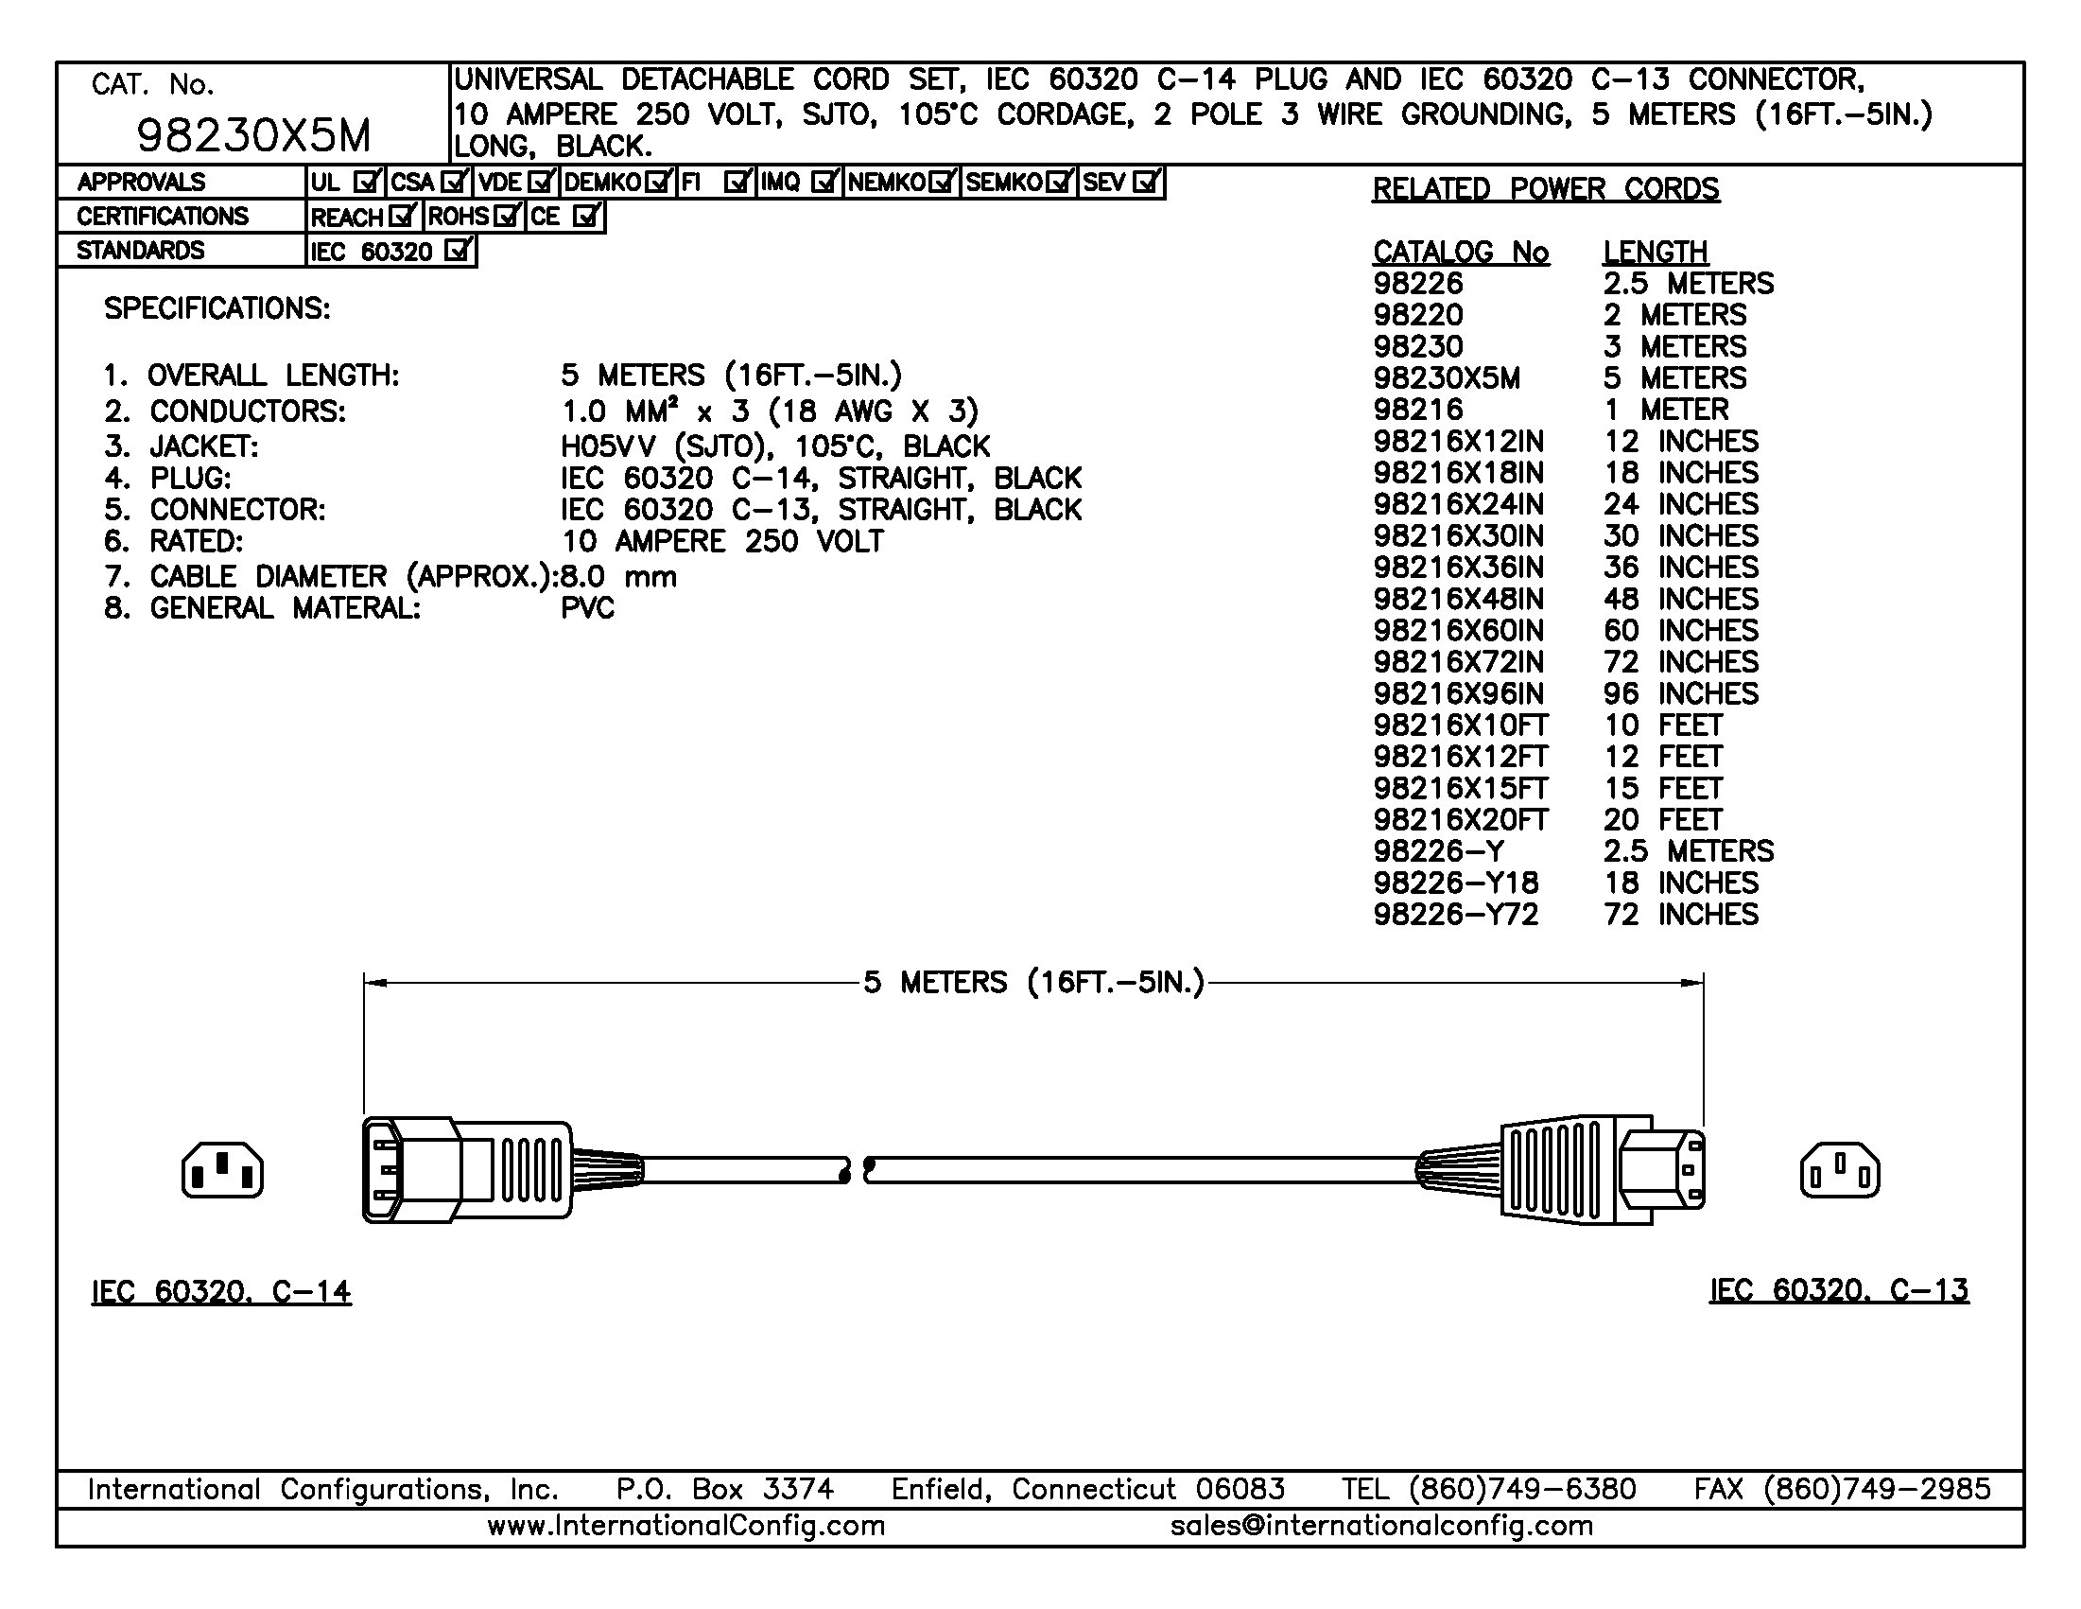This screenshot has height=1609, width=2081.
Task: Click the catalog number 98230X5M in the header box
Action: [x=253, y=136]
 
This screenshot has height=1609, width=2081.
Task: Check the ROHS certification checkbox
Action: [x=506, y=217]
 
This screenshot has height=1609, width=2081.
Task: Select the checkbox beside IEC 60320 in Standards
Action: [x=459, y=252]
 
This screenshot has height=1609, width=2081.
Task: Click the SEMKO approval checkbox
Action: [x=1059, y=182]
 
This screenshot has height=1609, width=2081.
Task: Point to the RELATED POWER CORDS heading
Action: [x=1546, y=189]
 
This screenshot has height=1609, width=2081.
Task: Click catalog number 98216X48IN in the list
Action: [x=1458, y=600]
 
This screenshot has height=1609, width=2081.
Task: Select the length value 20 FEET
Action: [x=1663, y=820]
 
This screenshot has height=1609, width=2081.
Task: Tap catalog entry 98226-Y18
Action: [x=1456, y=883]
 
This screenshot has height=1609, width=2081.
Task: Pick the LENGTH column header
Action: [x=1656, y=252]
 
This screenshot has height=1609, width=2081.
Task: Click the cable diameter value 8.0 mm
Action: [x=619, y=577]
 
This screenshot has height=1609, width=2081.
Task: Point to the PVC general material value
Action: [x=588, y=608]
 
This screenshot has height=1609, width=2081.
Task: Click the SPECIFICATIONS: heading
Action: [x=217, y=308]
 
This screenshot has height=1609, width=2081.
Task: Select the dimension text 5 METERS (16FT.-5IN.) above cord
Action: [x=1033, y=982]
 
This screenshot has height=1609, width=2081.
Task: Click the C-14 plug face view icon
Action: [x=223, y=1170]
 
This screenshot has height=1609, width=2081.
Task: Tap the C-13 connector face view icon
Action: [x=1839, y=1170]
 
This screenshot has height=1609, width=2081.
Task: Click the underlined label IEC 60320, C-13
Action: [x=1838, y=1290]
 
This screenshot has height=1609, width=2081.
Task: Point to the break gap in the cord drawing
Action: [x=856, y=1170]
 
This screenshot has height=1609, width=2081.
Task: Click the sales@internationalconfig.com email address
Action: [x=1381, y=1526]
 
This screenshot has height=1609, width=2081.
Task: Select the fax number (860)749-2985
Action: [x=1877, y=1489]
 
